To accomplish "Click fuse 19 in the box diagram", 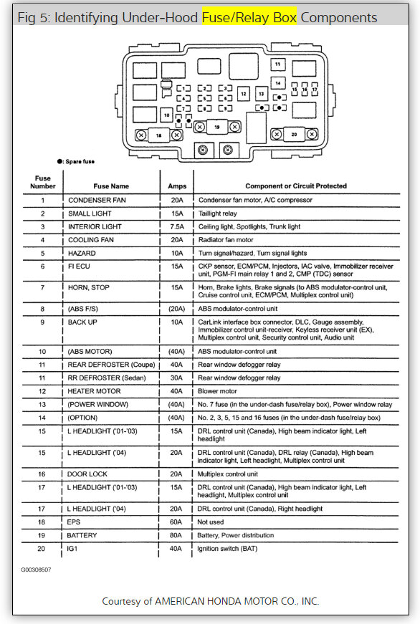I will [216, 127].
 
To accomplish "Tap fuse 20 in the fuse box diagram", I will [293, 134].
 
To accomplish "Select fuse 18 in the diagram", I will [158, 135].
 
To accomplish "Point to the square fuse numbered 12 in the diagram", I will [244, 94].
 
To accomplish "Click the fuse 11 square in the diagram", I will [277, 65].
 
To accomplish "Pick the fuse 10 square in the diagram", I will [166, 115].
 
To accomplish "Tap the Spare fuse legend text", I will [84, 162].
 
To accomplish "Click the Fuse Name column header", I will [110, 186].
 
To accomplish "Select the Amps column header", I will [176, 186].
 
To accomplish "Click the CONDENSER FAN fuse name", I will [97, 200].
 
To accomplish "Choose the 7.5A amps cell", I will [176, 226].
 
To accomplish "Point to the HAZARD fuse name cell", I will [82, 253].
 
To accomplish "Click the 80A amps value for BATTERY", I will [176, 535].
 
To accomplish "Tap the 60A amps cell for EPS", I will [176, 522].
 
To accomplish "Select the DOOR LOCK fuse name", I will [89, 474].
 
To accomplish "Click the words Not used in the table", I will [212, 522].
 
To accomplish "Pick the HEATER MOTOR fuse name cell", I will [94, 391].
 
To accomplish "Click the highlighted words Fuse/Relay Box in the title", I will [239, 17].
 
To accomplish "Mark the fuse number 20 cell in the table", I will [42, 549].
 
